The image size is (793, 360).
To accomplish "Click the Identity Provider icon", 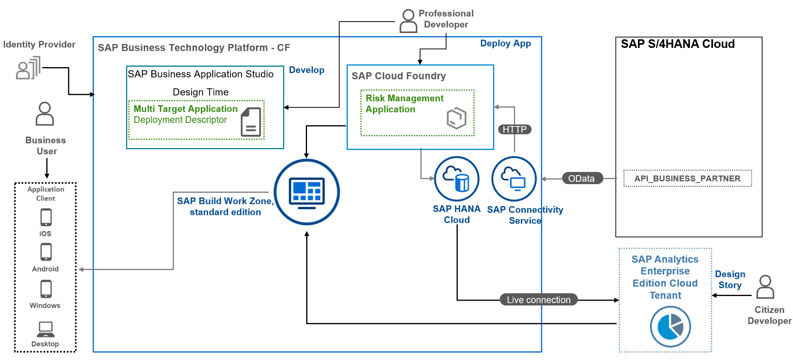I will point(28,68).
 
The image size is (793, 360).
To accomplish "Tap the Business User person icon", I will point(45,114).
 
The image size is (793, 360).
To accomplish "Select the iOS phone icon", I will point(46,217).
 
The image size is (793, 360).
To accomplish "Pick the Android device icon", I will point(46,252).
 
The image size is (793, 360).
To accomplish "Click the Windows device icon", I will point(46,289).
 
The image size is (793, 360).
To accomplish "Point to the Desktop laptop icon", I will point(46,329).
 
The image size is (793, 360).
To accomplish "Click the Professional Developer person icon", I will point(408,21).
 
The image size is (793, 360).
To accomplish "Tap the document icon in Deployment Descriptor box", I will point(251,122).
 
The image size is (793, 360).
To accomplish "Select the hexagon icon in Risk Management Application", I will point(457,118).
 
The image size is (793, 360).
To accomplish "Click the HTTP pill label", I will point(514,130).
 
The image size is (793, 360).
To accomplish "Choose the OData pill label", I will point(581,179).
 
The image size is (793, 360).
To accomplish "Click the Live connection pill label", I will point(538,300).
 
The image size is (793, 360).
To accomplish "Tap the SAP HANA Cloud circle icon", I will point(457,179).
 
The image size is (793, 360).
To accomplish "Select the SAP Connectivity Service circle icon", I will point(514,179).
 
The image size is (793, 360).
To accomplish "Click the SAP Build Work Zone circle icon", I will point(307,192).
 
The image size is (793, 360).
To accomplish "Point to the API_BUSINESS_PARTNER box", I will point(687,179).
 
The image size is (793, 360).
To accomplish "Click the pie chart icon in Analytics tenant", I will point(670,327).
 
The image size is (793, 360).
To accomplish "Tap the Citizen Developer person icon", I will point(765,287).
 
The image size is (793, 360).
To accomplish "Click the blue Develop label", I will point(307,70).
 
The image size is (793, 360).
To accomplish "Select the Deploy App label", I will point(505,44).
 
